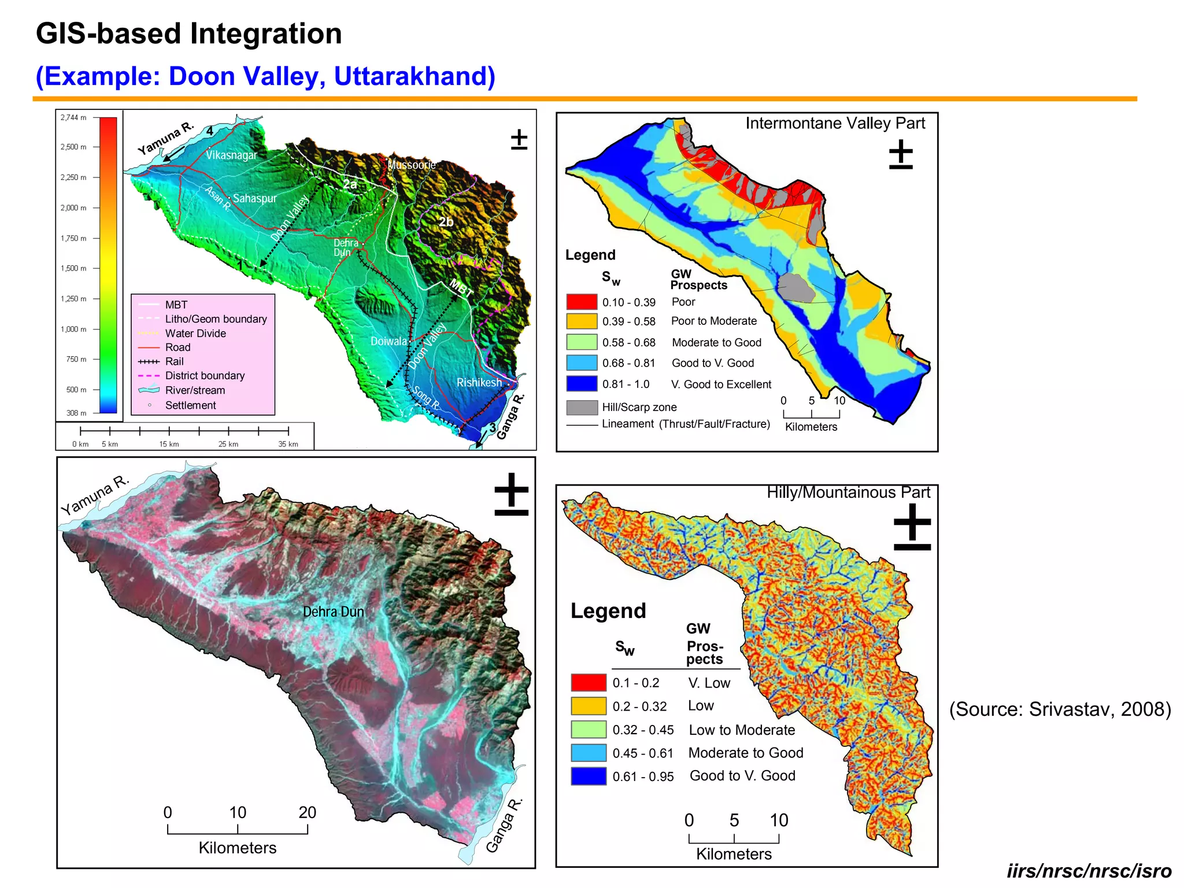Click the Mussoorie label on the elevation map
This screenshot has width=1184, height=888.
pyautogui.click(x=412, y=165)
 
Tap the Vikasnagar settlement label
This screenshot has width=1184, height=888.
pyautogui.click(x=231, y=155)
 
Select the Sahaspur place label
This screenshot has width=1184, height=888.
pyautogui.click(x=255, y=198)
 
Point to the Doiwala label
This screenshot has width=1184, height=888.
pyautogui.click(x=388, y=341)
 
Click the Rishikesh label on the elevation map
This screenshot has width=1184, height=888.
pyautogui.click(x=479, y=382)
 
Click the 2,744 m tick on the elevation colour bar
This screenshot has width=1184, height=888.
pyautogui.click(x=73, y=117)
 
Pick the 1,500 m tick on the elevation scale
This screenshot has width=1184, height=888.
pyautogui.click(x=73, y=268)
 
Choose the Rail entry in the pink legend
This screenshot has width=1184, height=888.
pyautogui.click(x=174, y=361)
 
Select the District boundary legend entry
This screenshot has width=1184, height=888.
pyautogui.click(x=205, y=376)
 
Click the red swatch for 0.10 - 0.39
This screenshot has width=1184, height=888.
pyautogui.click(x=581, y=302)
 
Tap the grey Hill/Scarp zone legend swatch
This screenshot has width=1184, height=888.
pyautogui.click(x=582, y=407)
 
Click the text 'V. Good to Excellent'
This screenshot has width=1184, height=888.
pyautogui.click(x=721, y=384)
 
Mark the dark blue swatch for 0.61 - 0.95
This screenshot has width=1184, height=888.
pyautogui.click(x=588, y=776)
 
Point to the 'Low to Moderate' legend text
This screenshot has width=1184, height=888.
pyautogui.click(x=742, y=730)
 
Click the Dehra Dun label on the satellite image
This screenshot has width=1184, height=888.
pyautogui.click(x=333, y=612)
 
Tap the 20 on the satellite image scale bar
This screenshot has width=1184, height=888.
pyautogui.click(x=307, y=812)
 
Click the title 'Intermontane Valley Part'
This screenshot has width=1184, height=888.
pyautogui.click(x=835, y=123)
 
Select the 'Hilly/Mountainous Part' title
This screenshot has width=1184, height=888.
pyautogui.click(x=848, y=493)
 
